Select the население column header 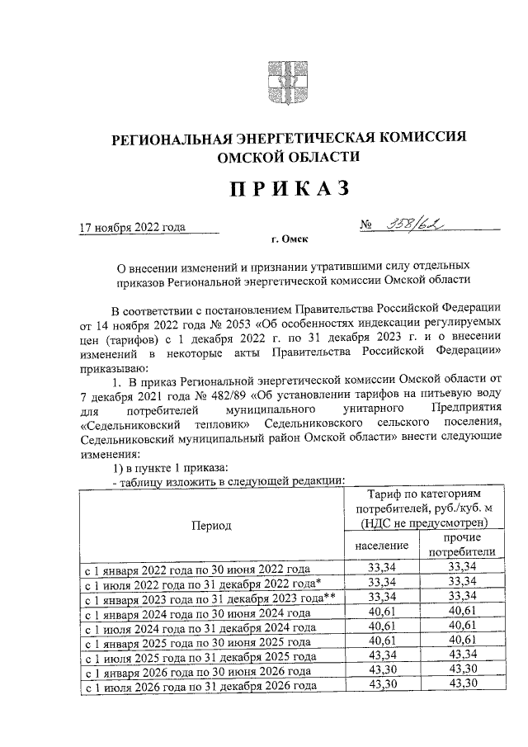[382, 546]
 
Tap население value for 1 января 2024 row [382, 612]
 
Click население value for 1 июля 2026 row [382, 686]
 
